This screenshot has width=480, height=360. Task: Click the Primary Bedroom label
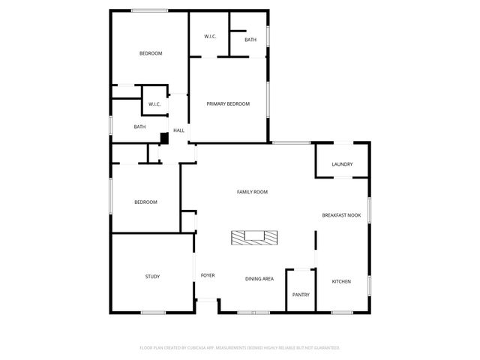[228, 103]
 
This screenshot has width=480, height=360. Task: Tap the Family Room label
[252, 192]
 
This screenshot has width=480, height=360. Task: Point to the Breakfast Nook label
[341, 215]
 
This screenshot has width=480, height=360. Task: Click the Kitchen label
[341, 281]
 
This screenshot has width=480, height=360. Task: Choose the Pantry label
[301, 295]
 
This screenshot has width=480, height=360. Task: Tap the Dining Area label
[259, 279]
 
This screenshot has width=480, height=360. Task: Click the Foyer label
[208, 275]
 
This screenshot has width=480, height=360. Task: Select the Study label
[152, 277]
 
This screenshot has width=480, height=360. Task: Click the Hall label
[178, 130]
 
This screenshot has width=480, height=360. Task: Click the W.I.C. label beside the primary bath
[211, 37]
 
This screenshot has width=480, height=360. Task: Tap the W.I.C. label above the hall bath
[154, 103]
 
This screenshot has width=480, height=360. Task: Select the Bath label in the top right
[250, 40]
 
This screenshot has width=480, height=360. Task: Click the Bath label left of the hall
[139, 127]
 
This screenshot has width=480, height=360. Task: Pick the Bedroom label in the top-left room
[151, 53]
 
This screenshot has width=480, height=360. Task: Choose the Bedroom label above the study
[145, 202]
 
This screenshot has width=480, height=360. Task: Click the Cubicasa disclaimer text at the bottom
[240, 348]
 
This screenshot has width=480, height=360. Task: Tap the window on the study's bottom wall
[154, 312]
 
